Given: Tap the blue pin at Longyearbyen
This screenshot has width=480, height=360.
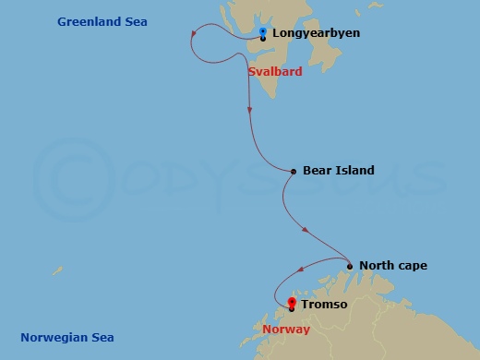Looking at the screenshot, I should coord(263,33).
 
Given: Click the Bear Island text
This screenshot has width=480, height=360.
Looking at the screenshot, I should coord(338,171).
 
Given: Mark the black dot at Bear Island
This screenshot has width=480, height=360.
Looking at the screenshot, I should coord(294,171).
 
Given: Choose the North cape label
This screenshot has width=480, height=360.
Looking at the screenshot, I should coord(393,267).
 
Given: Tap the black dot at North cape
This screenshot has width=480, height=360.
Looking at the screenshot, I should coord(350,267).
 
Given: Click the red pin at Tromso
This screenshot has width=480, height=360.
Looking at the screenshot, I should coord(292,303).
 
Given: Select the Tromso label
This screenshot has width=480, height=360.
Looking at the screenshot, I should coord(328,304).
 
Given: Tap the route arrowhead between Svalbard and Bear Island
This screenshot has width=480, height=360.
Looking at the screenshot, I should coord(250,110).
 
